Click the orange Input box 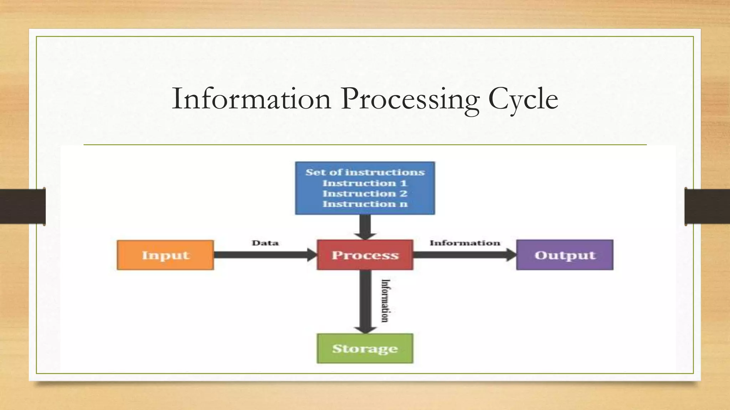pos(165,255)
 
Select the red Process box pos(365,255)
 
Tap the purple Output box pos(565,255)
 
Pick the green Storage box pos(365,348)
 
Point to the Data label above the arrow pos(265,243)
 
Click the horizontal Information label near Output pos(465,243)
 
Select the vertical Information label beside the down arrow pos(385,301)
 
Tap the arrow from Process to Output pos(463,255)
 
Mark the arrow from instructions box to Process pos(365,227)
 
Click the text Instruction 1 pos(365,183)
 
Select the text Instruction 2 pos(365,194)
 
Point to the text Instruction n pos(365,204)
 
